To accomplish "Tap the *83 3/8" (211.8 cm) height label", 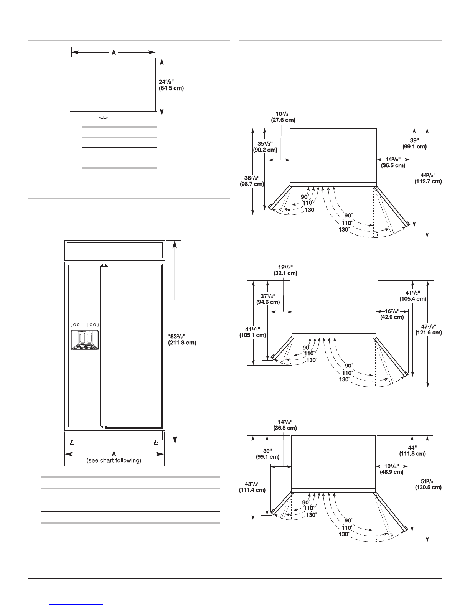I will (182, 340).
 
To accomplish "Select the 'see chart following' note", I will (114, 460).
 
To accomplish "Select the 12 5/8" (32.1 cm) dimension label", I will (284, 270).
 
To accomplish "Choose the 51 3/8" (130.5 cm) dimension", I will (429, 484).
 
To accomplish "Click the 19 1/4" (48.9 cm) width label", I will (391, 469).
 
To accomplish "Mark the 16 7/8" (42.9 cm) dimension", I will (392, 314).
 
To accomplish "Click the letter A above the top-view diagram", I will (114, 53).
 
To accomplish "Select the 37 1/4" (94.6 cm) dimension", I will (268, 298).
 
